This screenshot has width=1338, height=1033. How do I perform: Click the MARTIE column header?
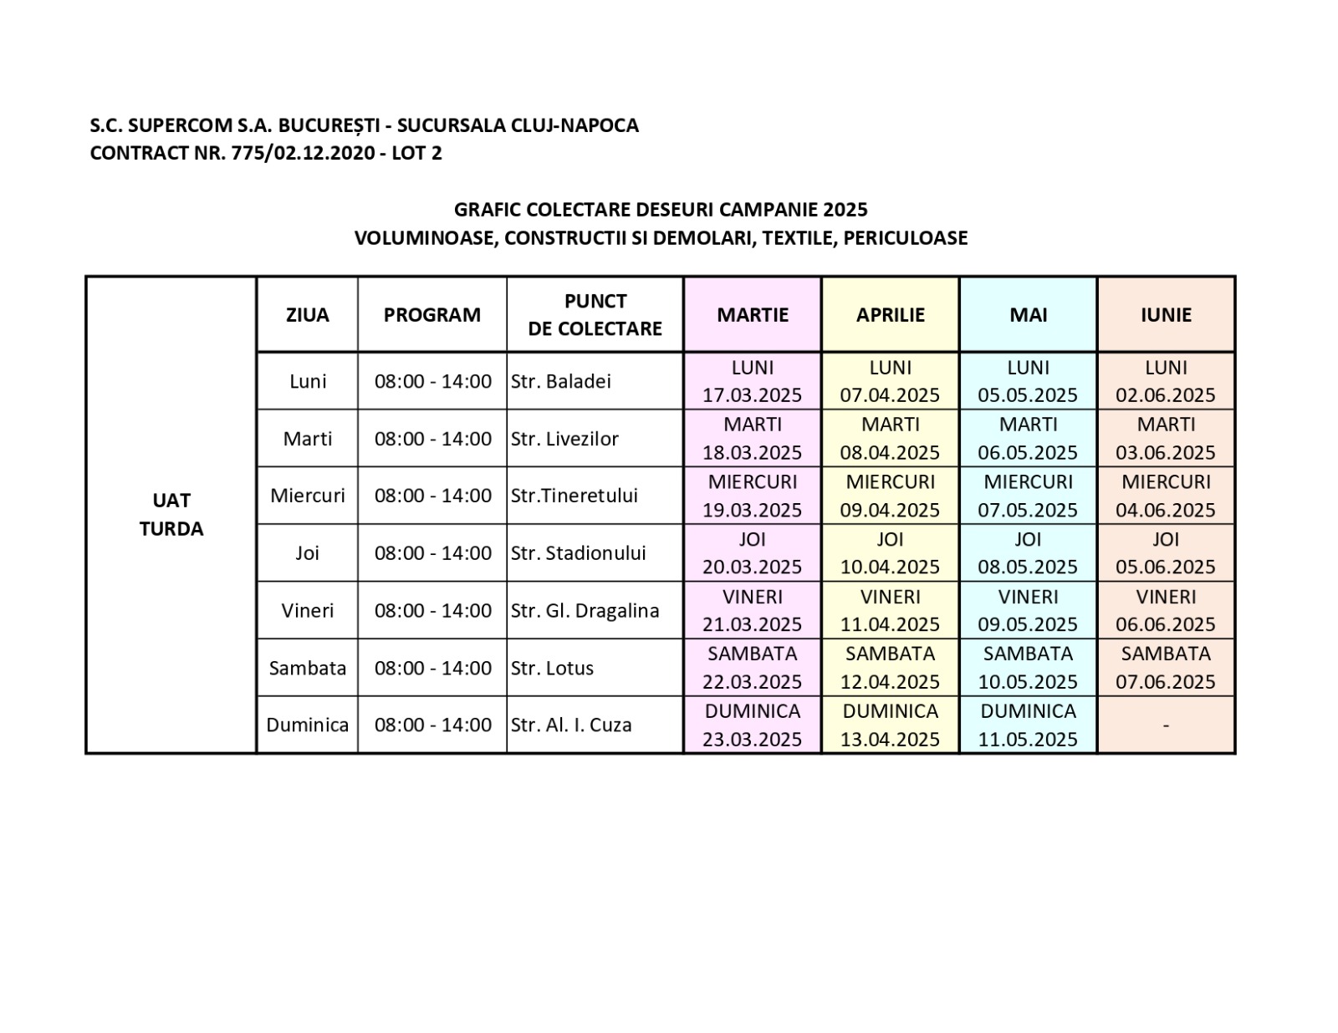(752, 314)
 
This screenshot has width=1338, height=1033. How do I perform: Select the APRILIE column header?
(890, 314)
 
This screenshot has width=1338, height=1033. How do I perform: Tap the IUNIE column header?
(1166, 314)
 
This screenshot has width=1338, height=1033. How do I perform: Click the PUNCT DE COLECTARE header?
(595, 314)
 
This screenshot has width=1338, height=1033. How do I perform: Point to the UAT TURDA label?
(171, 514)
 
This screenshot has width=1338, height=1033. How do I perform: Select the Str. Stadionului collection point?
(578, 552)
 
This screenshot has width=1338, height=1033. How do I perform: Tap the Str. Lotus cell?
(552, 668)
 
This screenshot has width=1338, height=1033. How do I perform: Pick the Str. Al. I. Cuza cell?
(571, 725)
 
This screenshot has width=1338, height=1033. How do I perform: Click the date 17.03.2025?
(752, 394)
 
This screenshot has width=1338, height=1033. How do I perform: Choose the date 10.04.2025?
(890, 567)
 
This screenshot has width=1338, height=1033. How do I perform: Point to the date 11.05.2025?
(1028, 739)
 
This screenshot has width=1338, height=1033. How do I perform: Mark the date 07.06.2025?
(1166, 681)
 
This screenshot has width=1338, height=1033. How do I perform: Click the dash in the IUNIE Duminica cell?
(1166, 725)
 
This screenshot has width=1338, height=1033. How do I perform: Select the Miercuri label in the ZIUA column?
(307, 495)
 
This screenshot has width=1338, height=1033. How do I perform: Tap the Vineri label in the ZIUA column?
(307, 610)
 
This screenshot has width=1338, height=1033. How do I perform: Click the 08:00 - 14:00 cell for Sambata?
(432, 668)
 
